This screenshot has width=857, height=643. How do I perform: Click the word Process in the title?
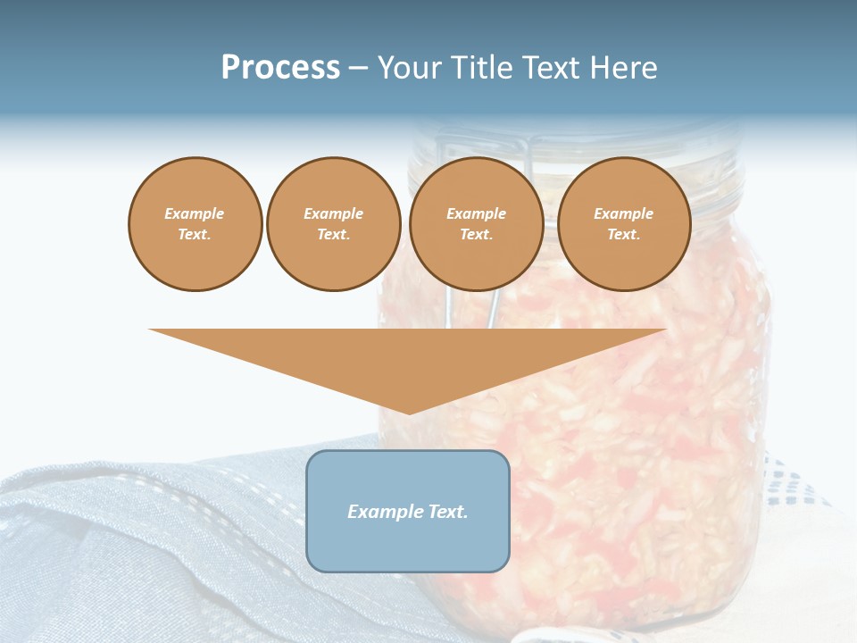[x=280, y=68]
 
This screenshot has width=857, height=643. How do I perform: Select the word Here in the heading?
[x=623, y=68]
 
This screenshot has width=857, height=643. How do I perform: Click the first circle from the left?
[x=195, y=224]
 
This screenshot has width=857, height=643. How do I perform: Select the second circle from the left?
[x=333, y=224]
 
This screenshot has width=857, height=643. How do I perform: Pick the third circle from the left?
[x=476, y=224]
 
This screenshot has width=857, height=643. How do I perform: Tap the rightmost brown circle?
[x=623, y=224]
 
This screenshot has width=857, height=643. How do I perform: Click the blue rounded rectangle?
[x=408, y=545]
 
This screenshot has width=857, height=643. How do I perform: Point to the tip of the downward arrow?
[x=409, y=413]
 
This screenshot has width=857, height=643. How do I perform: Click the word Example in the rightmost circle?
[x=623, y=213]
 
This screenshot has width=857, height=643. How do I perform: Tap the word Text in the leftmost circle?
[x=194, y=235]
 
